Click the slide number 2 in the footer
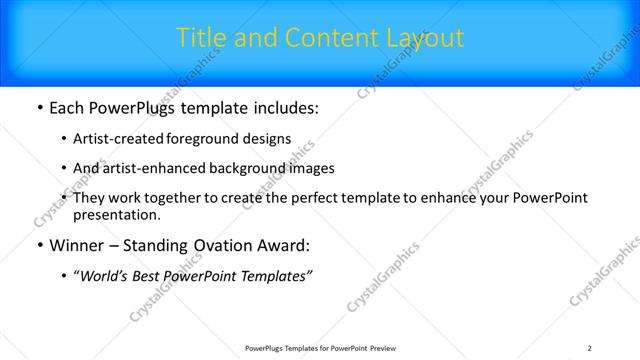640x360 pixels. [x=590, y=348]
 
